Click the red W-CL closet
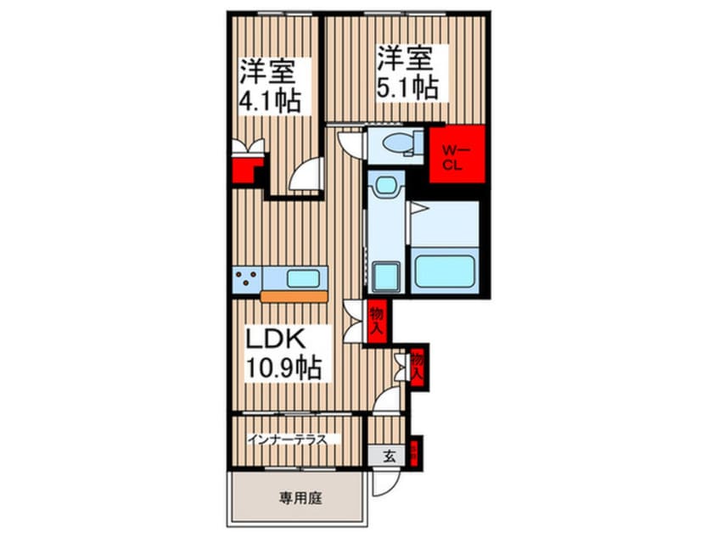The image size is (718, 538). coord(457,154)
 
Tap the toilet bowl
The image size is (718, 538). coord(396,146)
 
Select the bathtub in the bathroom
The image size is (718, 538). coord(446,271)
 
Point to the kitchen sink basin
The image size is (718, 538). coord(302,277)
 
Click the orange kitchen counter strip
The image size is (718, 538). coord(294,297)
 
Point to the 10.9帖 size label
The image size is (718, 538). coord(283,368)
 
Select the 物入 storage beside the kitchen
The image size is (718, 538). coord(377,322)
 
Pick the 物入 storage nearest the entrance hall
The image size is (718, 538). coord(418,366)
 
